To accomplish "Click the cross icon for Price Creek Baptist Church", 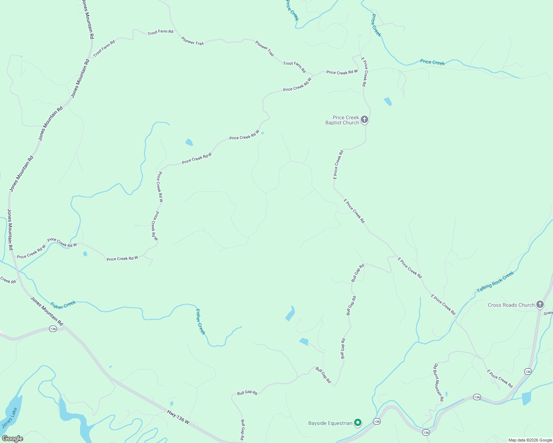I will (x=364, y=119).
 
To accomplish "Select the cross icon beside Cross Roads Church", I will (x=540, y=305).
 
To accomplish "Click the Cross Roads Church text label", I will (x=511, y=305).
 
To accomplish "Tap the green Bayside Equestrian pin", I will (x=357, y=422).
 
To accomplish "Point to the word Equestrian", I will (x=340, y=423).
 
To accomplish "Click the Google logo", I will (x=13, y=439).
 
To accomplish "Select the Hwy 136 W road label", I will (x=178, y=417).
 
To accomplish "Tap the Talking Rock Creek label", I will (x=495, y=282).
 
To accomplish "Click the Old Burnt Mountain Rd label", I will (x=438, y=382).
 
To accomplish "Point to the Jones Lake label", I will (x=9, y=418).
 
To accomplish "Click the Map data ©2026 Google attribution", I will (x=530, y=440).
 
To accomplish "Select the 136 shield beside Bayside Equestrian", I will (x=376, y=421).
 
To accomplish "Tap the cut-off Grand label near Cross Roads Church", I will (x=548, y=313).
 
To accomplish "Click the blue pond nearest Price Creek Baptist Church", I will (x=387, y=101).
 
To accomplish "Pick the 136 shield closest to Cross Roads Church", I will (x=528, y=372).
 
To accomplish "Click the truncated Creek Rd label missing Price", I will (x=8, y=280).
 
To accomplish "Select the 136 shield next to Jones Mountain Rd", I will (x=53, y=329).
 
